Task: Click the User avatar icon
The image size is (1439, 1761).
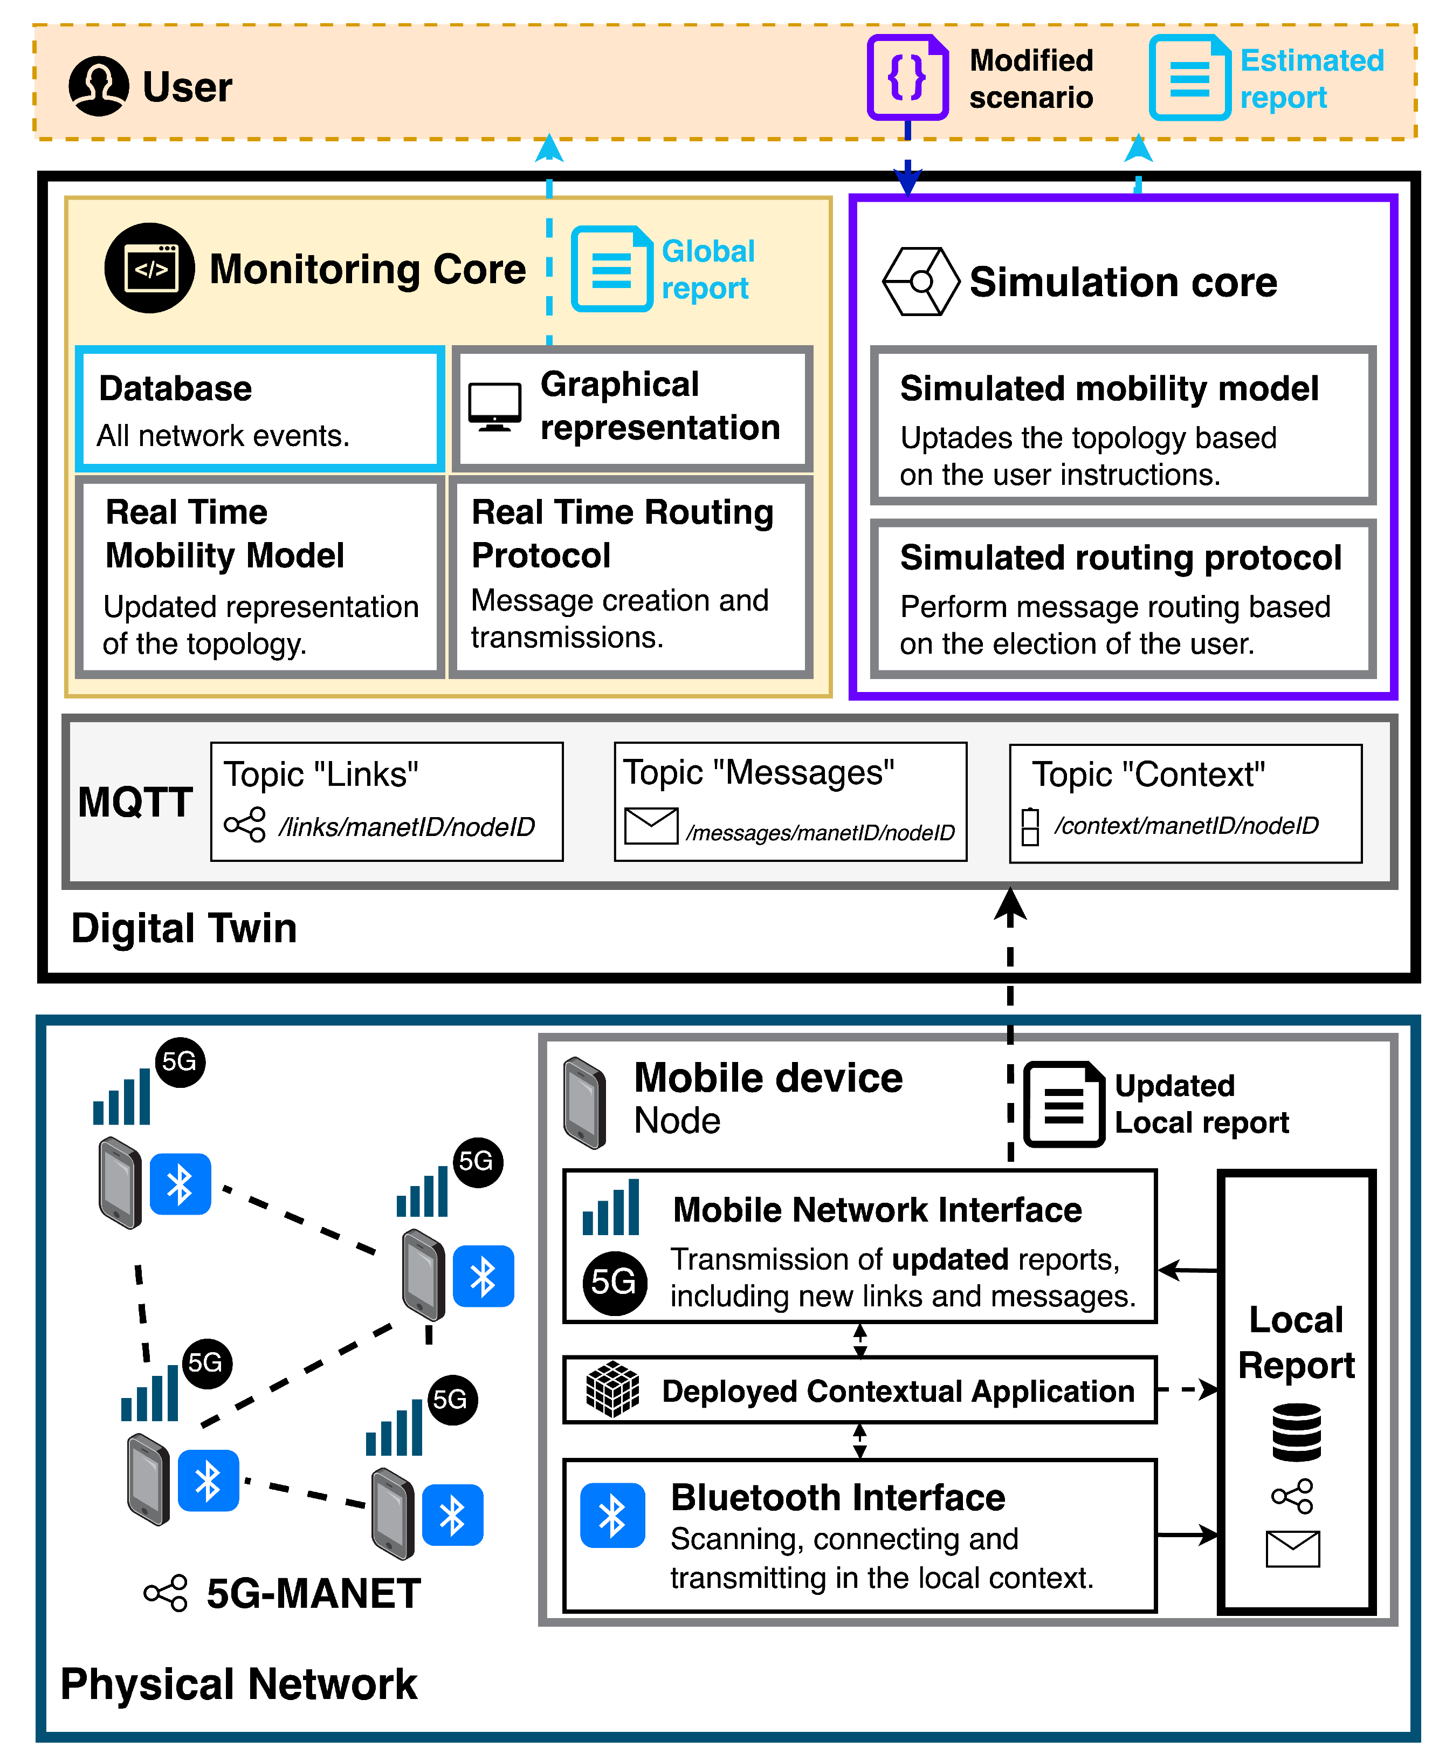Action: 99,86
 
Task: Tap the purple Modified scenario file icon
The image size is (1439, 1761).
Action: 907,78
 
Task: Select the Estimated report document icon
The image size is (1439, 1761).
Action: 1189,78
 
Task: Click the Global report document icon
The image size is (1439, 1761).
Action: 612,269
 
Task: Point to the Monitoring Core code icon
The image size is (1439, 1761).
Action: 150,268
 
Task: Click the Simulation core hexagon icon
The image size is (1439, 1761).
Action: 921,282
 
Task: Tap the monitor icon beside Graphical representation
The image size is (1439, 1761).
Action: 495,406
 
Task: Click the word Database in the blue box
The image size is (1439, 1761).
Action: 176,389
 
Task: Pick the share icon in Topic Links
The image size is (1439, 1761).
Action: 245,825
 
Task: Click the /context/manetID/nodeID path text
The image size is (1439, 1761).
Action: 1186,826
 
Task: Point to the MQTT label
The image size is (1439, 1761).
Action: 135,803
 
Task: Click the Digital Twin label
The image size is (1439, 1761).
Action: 184,928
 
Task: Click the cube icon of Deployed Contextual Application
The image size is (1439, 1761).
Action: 612,1389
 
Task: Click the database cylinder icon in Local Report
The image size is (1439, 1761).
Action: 1297,1432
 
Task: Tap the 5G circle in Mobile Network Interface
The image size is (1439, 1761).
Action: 614,1283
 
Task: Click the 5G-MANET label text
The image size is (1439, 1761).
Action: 313,1593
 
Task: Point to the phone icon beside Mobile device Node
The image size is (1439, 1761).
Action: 585,1104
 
